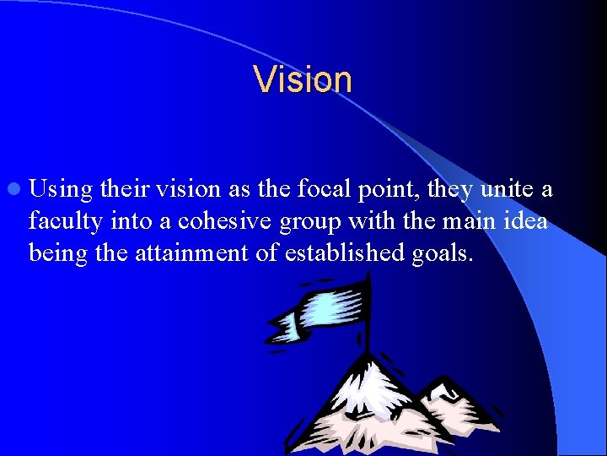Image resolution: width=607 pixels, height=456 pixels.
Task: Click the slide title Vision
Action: (x=303, y=80)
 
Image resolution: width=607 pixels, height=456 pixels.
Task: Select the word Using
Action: (x=63, y=190)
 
